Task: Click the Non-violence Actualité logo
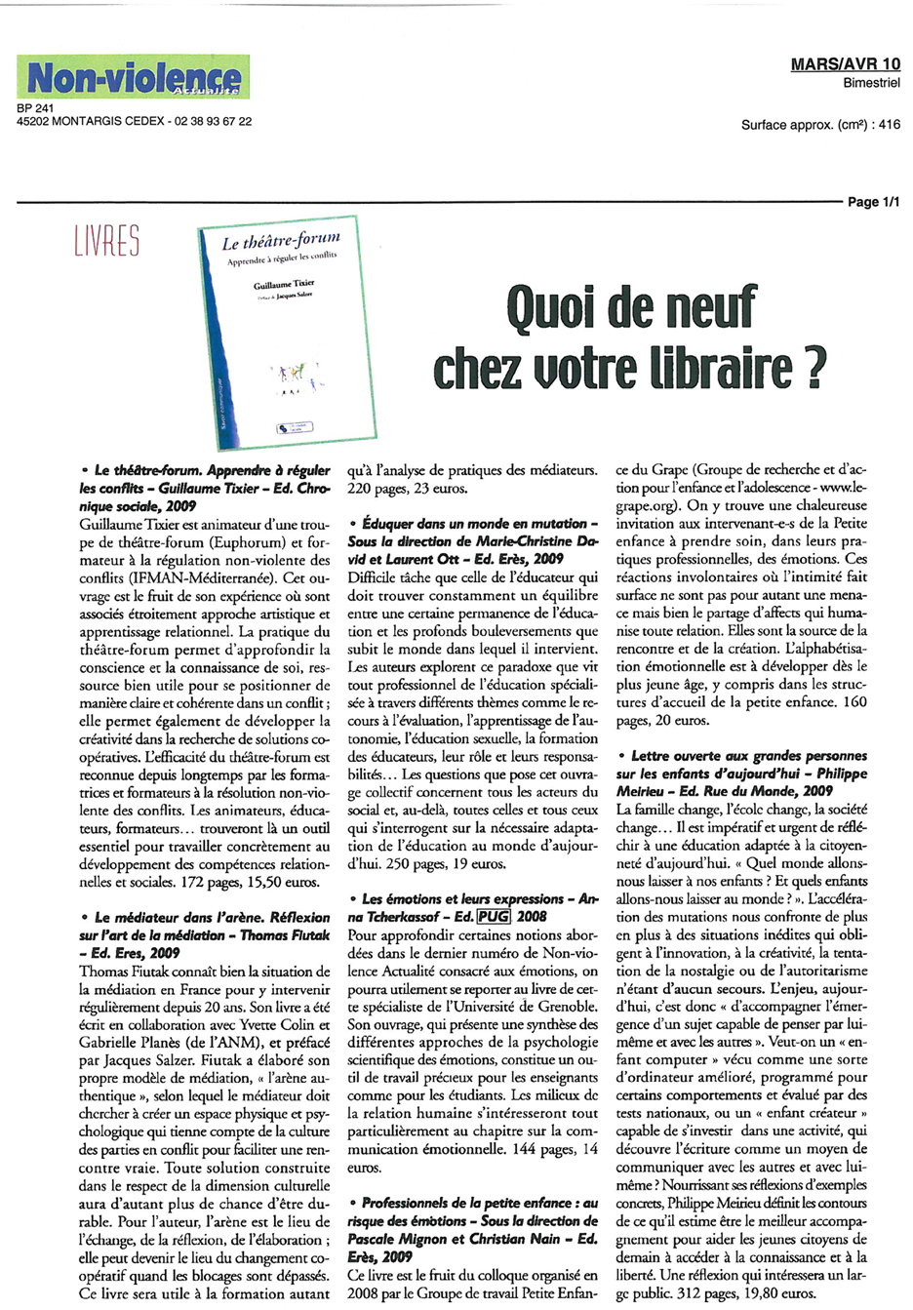click(x=133, y=77)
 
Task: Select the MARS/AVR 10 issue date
click(x=845, y=64)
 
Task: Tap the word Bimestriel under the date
click(x=871, y=83)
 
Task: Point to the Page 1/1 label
click(x=873, y=202)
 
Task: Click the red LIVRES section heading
click(x=107, y=240)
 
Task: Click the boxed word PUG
click(x=494, y=916)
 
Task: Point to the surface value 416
click(x=889, y=125)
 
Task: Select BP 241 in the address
click(x=35, y=108)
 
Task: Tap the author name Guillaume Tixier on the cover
click(x=284, y=284)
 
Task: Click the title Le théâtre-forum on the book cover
click(x=281, y=242)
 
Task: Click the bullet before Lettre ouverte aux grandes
click(x=621, y=756)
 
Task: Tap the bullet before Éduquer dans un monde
click(x=352, y=524)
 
